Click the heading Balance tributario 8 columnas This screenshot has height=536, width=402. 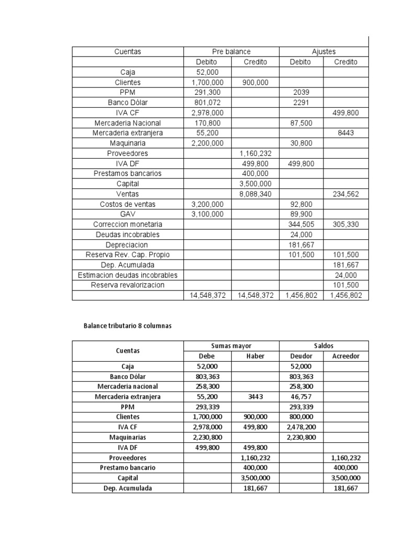128,326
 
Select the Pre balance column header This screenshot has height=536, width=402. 231,52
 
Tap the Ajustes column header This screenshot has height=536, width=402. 323,52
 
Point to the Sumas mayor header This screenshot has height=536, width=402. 231,346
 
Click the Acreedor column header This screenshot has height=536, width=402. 345,356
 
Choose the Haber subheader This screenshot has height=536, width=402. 255,356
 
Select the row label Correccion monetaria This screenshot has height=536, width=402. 128,224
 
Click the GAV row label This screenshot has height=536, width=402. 128,214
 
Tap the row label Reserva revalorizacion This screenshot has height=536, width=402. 128,285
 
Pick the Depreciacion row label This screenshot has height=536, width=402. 128,244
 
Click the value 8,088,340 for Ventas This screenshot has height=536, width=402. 255,194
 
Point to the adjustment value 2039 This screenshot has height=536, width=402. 301,92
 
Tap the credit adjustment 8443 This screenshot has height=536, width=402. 345,133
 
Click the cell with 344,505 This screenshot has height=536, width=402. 301,224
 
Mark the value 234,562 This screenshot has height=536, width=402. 345,194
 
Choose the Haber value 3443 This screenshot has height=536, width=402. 255,397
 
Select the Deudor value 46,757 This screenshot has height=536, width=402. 301,397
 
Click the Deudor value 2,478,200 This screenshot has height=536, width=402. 301,427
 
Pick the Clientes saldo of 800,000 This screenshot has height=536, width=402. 301,417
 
